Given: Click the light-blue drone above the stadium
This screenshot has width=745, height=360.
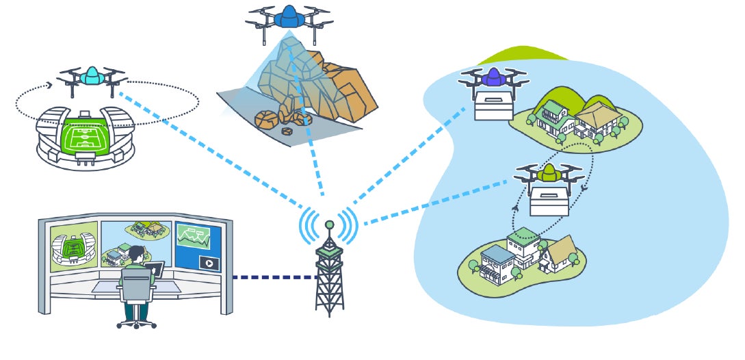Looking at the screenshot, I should point(90,77).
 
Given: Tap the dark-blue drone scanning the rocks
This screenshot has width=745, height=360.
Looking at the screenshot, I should point(289,16).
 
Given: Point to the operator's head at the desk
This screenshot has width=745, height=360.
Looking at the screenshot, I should point(137,255).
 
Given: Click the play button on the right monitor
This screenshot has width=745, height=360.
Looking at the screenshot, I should point(207,262).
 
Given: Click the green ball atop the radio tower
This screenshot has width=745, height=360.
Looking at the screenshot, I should point(329,224).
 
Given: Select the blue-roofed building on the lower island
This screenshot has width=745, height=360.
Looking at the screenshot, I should point(498,263).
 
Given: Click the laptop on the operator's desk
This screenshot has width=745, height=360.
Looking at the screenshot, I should point(155,269).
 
